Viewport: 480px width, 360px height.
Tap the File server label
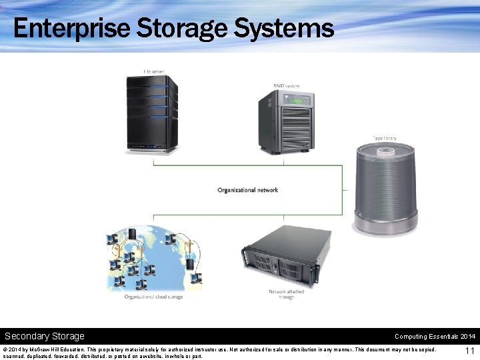click(153, 72)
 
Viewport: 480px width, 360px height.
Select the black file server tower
click(153, 114)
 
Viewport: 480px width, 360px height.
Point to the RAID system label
click(286, 86)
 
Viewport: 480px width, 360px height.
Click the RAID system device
click(285, 123)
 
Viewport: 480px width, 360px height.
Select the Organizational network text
click(248, 191)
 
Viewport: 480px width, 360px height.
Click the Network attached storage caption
click(286, 295)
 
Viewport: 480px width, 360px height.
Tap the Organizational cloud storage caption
click(153, 297)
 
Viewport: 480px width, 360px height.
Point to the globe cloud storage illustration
click(153, 260)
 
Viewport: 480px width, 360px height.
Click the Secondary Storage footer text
click(45, 336)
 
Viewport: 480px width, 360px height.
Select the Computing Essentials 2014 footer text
click(435, 337)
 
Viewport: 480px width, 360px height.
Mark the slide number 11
click(469, 351)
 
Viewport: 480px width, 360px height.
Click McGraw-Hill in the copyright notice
click(45, 349)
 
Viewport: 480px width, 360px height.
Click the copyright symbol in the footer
click(5, 349)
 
